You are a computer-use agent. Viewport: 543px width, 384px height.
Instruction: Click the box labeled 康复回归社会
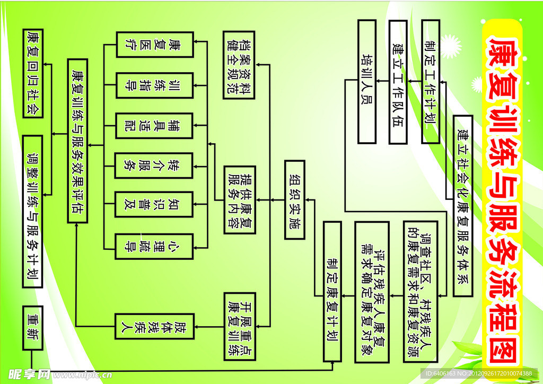[33, 73]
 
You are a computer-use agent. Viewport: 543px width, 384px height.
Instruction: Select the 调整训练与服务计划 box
[33, 211]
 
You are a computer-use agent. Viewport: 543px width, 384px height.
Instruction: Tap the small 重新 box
[33, 327]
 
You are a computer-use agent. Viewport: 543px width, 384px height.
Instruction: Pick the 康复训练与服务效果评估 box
[78, 140]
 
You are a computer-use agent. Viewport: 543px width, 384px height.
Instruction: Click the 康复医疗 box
[154, 45]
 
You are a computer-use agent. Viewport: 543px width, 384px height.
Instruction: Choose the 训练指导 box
[154, 85]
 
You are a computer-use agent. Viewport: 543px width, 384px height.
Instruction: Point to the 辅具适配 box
[154, 125]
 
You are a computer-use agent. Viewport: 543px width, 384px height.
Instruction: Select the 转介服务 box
[154, 165]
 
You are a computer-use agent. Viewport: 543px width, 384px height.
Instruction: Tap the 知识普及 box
[154, 205]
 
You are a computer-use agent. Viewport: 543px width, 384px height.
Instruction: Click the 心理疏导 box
[154, 246]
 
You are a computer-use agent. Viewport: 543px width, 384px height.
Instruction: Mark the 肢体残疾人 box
[154, 326]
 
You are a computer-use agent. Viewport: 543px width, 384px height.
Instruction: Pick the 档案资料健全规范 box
[239, 65]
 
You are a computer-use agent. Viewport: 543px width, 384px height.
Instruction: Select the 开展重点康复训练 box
[239, 324]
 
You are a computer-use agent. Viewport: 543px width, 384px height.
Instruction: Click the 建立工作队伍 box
[398, 81]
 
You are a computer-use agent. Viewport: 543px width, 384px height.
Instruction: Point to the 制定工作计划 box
[430, 81]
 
